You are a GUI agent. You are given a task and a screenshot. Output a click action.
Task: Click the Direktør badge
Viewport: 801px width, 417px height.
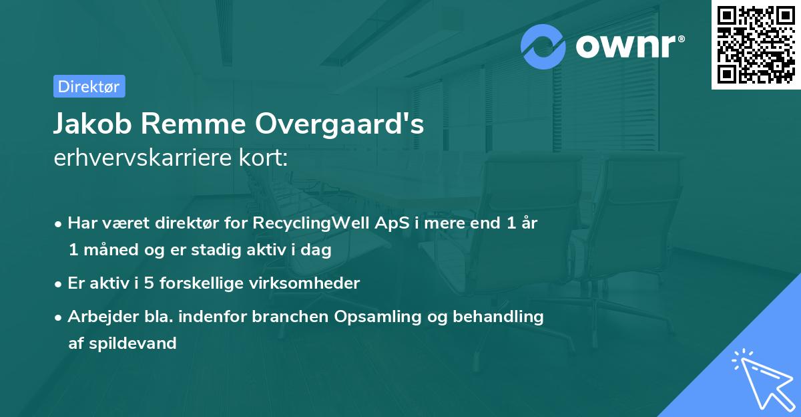(89, 86)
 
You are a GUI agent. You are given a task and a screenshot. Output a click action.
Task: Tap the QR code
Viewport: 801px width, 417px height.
(756, 45)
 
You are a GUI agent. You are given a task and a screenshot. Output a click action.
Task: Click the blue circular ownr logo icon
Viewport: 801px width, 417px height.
(543, 47)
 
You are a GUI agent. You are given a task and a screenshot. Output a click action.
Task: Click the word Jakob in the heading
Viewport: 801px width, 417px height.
(93, 124)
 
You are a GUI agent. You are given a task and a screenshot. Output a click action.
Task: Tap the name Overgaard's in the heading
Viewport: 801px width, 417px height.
(340, 124)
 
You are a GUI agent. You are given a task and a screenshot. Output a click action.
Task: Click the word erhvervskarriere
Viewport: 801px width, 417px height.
(148, 158)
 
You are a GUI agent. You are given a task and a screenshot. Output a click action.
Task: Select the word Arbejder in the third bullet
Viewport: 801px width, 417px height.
(99, 317)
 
